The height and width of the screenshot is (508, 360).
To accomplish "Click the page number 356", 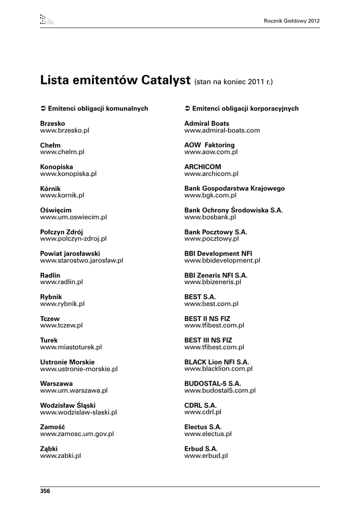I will click(x=45, y=491).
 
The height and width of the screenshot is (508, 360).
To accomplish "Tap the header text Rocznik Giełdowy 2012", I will click(x=292, y=21).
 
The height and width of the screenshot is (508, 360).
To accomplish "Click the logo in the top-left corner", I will click(x=46, y=20).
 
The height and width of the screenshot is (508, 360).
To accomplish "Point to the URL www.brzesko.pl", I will click(x=65, y=130).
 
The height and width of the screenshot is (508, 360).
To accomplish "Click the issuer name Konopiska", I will click(x=57, y=167).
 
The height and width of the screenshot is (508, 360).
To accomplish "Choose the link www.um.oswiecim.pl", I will click(x=73, y=217).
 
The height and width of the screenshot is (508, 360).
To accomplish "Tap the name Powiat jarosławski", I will click(x=70, y=253).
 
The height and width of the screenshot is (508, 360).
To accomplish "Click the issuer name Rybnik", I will click(x=51, y=297).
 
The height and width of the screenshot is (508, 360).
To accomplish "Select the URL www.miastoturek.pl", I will click(x=71, y=347).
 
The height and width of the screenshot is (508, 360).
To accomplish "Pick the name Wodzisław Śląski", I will click(x=68, y=405).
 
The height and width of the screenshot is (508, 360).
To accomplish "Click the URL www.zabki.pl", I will click(x=61, y=455).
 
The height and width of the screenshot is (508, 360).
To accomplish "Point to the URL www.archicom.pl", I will click(x=212, y=174).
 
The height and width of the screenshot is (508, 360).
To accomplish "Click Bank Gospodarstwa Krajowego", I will click(x=234, y=189).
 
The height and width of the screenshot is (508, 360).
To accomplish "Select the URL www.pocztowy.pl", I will click(x=212, y=239).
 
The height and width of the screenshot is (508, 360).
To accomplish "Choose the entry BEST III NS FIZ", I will click(x=208, y=340).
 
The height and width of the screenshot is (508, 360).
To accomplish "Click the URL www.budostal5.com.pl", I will click(x=220, y=390).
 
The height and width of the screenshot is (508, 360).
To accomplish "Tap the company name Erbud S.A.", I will click(x=201, y=448).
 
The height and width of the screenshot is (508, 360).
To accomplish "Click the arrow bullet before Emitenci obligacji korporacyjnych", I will click(x=187, y=108).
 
